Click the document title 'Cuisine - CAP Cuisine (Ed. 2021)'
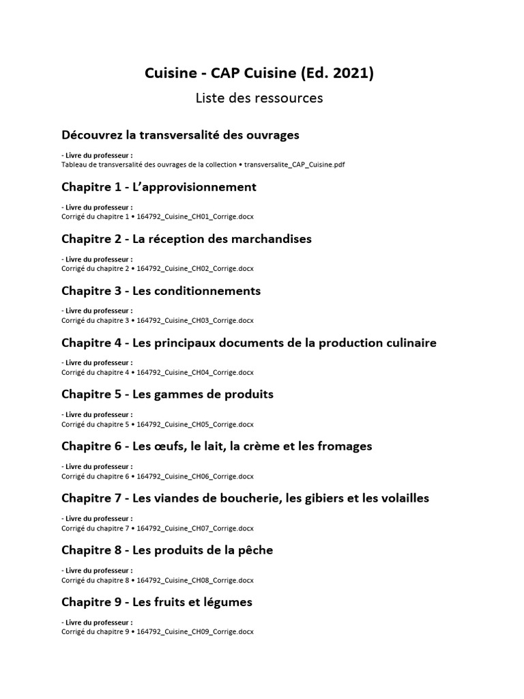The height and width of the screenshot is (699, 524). click(x=259, y=74)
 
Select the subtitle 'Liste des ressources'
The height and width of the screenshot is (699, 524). click(x=259, y=98)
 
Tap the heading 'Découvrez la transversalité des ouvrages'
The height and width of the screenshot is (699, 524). click(x=180, y=135)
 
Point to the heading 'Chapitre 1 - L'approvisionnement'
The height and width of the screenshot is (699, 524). click(x=159, y=187)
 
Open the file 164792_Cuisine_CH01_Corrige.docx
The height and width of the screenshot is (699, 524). click(x=195, y=216)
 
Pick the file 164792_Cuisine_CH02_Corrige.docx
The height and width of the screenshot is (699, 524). click(x=195, y=268)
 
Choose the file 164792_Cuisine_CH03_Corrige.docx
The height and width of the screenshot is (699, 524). click(x=195, y=320)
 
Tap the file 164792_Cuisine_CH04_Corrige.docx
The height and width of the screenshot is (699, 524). click(x=195, y=372)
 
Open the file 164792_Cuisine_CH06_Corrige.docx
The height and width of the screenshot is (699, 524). click(x=195, y=476)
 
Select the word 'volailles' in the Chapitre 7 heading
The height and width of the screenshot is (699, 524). click(x=403, y=498)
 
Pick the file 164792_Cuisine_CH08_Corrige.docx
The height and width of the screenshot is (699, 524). click(x=195, y=580)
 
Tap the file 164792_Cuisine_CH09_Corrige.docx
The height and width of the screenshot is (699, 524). click(x=195, y=631)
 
